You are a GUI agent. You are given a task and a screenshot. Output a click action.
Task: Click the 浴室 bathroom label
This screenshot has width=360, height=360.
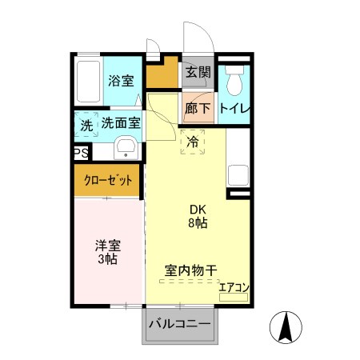[122, 81]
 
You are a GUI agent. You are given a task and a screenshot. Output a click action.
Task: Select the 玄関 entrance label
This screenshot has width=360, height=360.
[198, 73]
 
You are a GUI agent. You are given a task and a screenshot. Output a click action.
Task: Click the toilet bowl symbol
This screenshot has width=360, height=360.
[234, 80]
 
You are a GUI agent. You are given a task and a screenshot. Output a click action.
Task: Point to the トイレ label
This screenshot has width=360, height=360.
[234, 109]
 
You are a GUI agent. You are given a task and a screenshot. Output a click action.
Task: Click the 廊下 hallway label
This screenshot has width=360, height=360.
[198, 109]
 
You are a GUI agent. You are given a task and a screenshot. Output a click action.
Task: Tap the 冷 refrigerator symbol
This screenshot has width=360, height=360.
[193, 142]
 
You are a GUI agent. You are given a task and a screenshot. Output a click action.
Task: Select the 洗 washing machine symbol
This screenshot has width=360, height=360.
[86, 125]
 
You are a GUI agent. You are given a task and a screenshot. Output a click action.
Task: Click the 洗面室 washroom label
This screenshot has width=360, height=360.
[121, 124]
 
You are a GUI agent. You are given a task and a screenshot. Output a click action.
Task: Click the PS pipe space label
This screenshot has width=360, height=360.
[81, 154]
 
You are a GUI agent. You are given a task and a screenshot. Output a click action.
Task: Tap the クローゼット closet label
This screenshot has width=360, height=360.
[109, 180]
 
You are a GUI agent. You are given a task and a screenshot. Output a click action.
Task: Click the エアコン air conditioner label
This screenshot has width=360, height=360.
[234, 287]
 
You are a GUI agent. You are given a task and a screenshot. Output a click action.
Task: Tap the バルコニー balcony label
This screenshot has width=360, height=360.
[180, 325]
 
